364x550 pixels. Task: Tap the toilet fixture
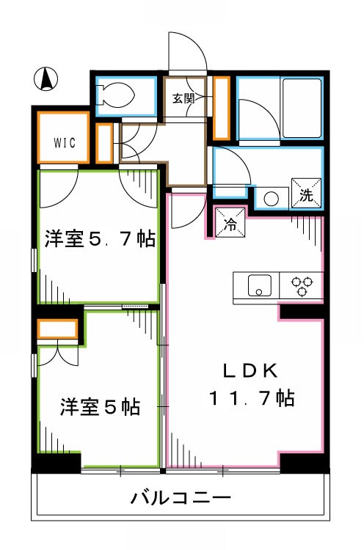coord(118,95)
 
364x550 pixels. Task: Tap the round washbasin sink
coord(272,198)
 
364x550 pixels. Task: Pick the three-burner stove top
coord(302,286)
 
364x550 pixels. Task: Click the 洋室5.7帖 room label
coord(99,238)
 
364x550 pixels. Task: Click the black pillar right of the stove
coord(301,311)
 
